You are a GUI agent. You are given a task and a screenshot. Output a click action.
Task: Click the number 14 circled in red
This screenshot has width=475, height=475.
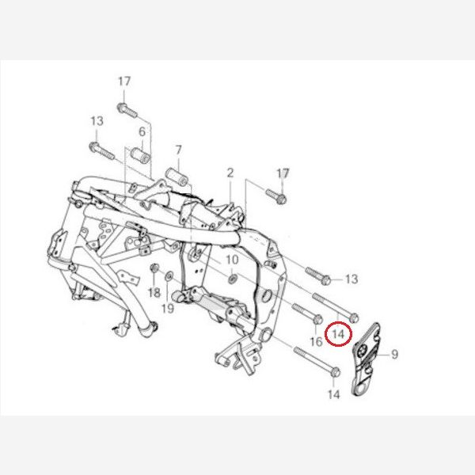tap(338, 334)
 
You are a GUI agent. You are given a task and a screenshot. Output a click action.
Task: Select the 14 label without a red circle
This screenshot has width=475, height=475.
tap(333, 394)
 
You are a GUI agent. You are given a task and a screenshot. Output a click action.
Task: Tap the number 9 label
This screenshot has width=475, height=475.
tap(394, 354)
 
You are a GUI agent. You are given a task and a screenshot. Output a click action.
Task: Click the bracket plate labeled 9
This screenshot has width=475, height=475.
tap(365, 359)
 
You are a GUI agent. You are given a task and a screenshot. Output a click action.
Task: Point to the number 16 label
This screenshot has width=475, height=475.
tap(316, 341)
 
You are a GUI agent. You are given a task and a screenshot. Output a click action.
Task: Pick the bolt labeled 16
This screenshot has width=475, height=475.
tap(307, 313)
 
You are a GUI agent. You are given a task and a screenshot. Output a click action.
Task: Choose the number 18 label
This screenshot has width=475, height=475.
tap(154, 293)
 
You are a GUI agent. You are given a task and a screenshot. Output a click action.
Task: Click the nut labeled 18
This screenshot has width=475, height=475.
tap(154, 268)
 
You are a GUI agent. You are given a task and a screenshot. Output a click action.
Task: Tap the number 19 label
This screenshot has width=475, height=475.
tap(168, 309)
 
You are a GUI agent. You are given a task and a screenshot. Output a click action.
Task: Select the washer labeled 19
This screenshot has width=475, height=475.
tap(169, 275)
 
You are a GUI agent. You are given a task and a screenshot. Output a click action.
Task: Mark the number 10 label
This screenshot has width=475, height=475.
tap(232, 260)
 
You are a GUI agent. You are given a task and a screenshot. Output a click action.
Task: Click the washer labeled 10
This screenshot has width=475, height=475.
tap(232, 279)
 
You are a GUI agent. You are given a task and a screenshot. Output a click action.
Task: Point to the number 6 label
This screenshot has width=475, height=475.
tap(142, 131)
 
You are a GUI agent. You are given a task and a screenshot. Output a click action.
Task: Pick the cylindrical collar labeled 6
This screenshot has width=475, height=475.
tap(141, 155)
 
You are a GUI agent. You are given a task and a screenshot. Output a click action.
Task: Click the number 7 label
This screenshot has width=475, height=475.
tap(178, 150)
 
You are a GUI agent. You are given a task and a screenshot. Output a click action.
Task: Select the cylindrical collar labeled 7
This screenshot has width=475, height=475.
tap(177, 177)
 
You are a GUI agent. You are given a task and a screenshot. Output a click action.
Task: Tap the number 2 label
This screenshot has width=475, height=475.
tap(230, 173)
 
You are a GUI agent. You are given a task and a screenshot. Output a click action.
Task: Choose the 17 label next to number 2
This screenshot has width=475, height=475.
tap(283, 173)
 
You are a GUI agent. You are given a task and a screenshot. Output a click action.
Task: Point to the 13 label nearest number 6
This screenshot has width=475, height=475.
tap(97, 121)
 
